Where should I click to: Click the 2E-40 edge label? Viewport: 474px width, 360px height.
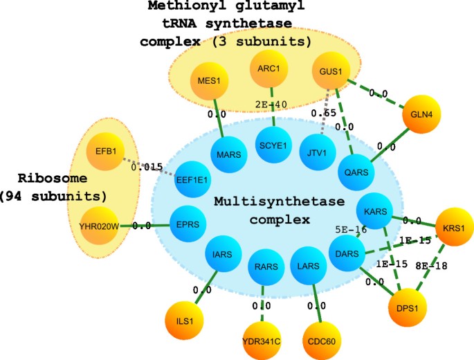pyautogui.click(x=271, y=105)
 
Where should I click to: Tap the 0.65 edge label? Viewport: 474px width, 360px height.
pyautogui.click(x=323, y=112)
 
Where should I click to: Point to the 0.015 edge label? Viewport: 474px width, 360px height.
pyautogui.click(x=147, y=166)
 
